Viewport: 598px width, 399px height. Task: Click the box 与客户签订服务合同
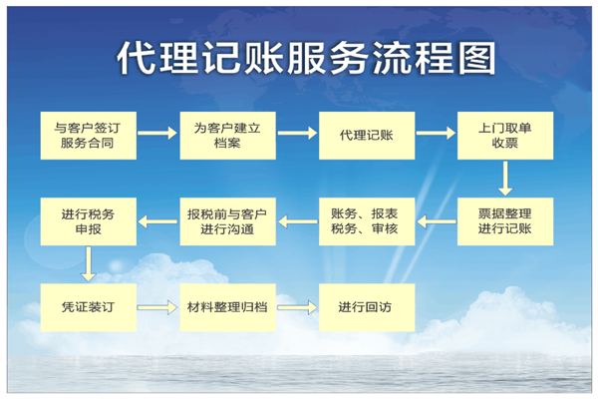tap(89, 136)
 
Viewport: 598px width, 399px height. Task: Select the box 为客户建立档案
tap(227, 136)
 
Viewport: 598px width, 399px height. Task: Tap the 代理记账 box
tap(367, 136)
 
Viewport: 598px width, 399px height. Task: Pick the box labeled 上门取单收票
tap(505, 136)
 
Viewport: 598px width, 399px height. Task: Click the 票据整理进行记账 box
tap(505, 221)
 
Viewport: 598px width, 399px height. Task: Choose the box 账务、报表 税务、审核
tap(367, 221)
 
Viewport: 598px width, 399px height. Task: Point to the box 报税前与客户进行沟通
tap(227, 221)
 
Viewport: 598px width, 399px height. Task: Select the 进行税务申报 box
tap(89, 221)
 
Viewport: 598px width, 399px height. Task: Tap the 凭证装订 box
tap(89, 307)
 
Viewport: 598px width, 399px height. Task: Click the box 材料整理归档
tap(227, 307)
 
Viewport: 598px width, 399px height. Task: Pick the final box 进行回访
tap(367, 307)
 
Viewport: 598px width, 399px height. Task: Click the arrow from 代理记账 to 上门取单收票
tap(436, 134)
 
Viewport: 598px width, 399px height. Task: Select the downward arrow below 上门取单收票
tap(505, 179)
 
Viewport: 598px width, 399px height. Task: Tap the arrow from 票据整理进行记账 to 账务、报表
tap(437, 221)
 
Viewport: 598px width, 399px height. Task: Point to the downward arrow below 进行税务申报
tap(89, 263)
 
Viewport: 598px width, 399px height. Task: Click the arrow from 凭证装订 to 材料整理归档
tap(157, 307)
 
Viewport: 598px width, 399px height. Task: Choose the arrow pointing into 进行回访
tap(297, 307)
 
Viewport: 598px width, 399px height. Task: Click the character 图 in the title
tap(477, 58)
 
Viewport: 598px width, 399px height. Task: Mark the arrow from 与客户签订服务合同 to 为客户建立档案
tap(157, 134)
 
